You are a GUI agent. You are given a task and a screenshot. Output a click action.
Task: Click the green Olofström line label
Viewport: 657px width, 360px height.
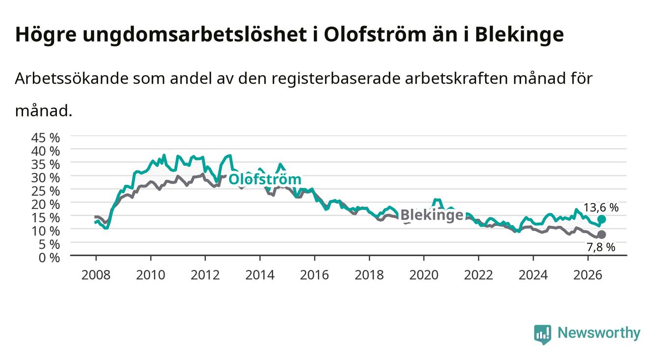click(265, 180)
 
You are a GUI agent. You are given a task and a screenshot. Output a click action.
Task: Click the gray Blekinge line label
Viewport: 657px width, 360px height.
click(431, 215)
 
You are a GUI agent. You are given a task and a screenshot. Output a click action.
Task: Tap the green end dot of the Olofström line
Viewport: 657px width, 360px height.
click(602, 219)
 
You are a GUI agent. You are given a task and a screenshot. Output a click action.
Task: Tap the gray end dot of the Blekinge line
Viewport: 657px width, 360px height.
click(602, 234)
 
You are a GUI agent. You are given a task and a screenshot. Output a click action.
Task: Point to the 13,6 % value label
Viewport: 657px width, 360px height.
click(601, 208)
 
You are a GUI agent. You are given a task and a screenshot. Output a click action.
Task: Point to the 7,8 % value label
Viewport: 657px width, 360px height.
click(601, 247)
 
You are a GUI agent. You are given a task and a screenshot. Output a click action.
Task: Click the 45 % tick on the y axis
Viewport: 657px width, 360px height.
click(46, 138)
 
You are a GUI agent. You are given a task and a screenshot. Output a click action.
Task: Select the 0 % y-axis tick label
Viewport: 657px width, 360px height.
click(49, 257)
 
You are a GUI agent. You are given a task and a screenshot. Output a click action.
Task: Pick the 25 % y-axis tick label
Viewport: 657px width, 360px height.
click(46, 191)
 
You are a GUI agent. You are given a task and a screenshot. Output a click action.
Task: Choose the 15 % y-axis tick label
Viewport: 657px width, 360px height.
click(46, 218)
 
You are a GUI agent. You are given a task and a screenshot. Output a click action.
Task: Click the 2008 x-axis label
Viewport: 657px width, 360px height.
click(96, 275)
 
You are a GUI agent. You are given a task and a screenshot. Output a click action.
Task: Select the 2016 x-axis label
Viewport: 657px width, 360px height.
click(314, 275)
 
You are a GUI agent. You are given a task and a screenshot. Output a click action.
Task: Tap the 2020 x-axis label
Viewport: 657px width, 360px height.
click(424, 275)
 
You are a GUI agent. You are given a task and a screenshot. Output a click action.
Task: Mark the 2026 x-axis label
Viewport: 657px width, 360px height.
click(588, 275)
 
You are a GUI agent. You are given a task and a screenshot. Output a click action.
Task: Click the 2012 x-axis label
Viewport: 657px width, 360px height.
click(205, 275)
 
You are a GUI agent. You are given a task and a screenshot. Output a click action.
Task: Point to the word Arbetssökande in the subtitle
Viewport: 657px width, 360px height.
click(72, 78)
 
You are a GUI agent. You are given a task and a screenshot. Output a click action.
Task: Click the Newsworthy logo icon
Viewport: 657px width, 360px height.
click(543, 334)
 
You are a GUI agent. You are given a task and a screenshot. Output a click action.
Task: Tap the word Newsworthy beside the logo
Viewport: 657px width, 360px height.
click(599, 333)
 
